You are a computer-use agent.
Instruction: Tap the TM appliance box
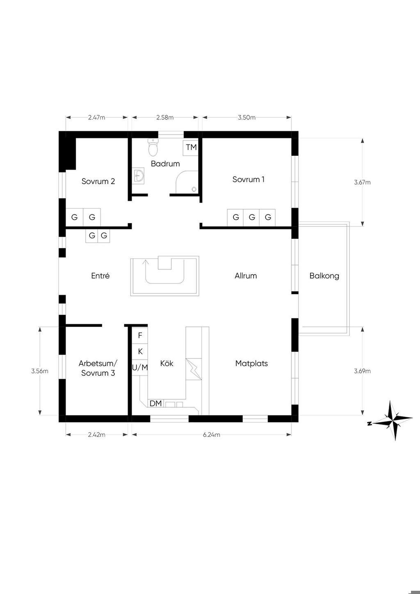(x=191, y=147)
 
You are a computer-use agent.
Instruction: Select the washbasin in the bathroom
(x=139, y=176)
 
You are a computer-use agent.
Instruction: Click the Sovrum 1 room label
(x=249, y=179)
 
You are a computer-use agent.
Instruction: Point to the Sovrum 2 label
(x=98, y=181)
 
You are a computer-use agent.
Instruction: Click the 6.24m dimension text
(x=212, y=434)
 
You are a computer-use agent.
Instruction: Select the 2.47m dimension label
(x=96, y=117)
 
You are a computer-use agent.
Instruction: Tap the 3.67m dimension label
(x=362, y=182)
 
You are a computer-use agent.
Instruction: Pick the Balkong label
(x=324, y=276)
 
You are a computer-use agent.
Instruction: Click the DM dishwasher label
(x=155, y=404)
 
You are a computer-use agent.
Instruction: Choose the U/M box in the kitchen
(x=140, y=368)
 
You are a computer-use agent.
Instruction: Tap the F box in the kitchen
(x=140, y=336)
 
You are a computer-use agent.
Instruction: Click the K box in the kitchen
(x=140, y=352)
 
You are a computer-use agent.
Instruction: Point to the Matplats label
(x=251, y=363)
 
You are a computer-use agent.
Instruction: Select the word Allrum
(x=246, y=276)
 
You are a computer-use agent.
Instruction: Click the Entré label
(x=100, y=276)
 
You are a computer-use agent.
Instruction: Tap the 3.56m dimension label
(x=40, y=371)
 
